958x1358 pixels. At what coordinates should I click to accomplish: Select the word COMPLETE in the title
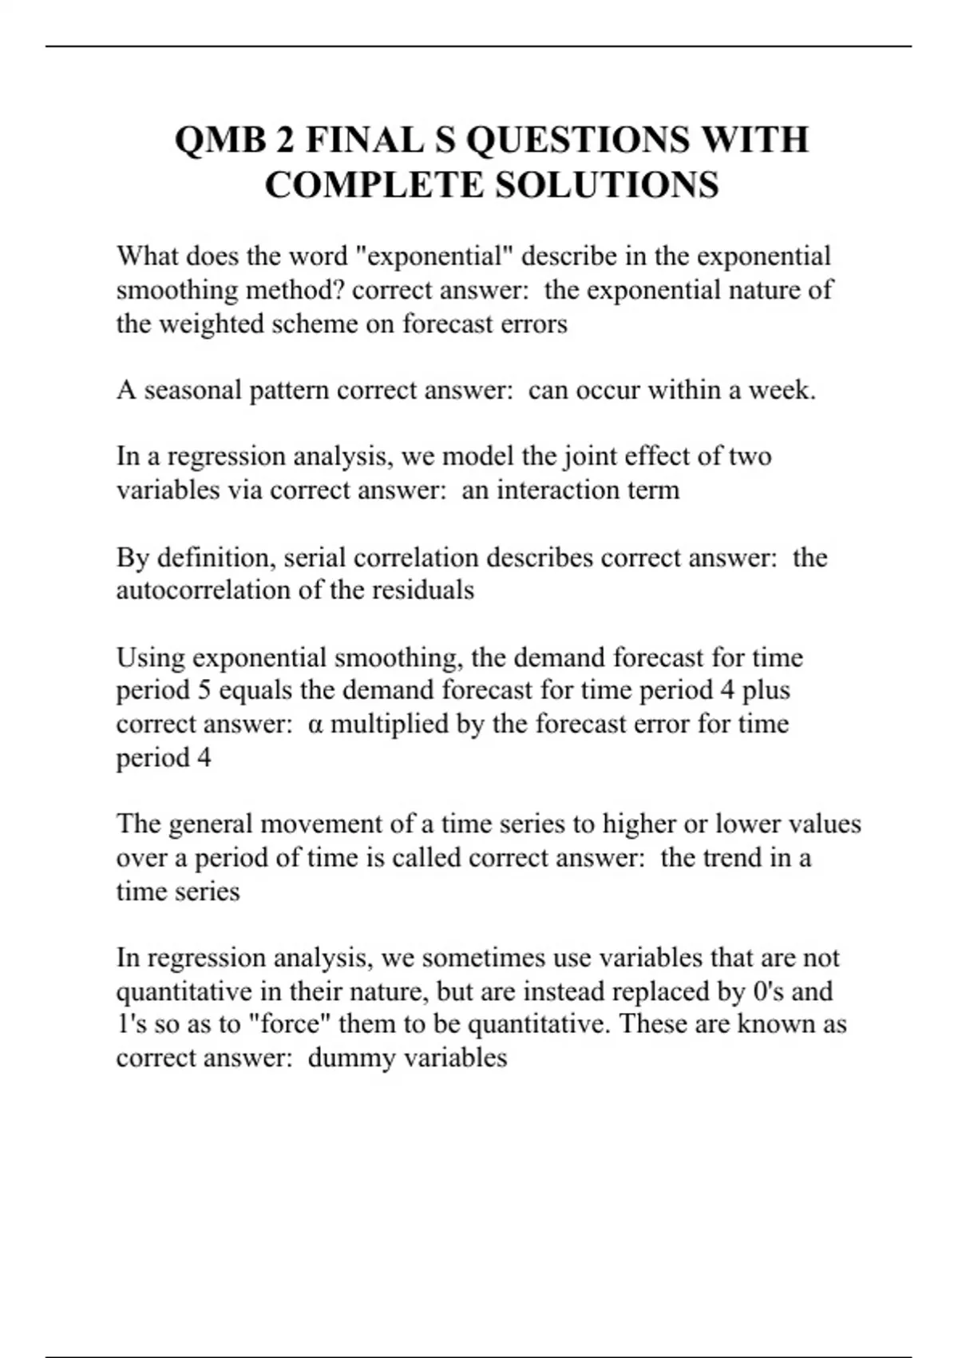coord(374,185)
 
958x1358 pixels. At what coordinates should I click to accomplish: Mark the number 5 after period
coord(204,690)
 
